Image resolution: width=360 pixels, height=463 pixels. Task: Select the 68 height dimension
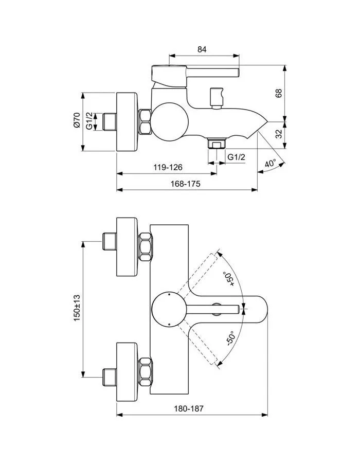(x=279, y=93)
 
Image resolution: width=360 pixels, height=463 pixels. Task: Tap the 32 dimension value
(x=279, y=134)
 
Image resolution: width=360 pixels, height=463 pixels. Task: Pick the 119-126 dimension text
(x=168, y=168)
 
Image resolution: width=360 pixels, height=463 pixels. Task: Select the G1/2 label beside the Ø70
(x=88, y=121)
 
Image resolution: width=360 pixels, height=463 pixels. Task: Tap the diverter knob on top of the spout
(x=215, y=98)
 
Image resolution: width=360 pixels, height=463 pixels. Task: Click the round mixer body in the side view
(x=170, y=118)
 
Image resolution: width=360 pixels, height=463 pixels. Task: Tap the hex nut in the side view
(x=145, y=121)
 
